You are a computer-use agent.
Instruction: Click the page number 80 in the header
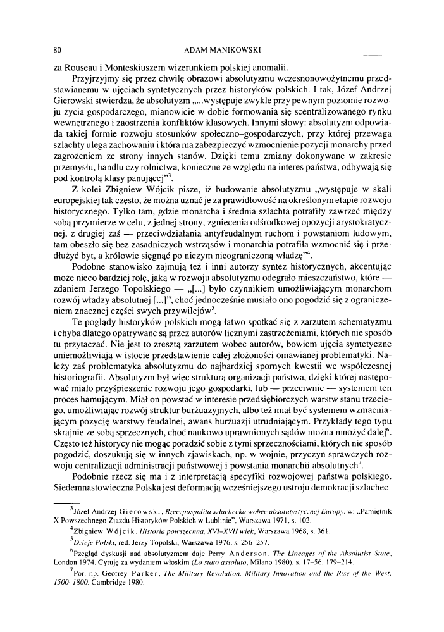click(x=56, y=50)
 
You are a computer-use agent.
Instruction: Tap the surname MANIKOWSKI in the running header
click(x=239, y=50)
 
